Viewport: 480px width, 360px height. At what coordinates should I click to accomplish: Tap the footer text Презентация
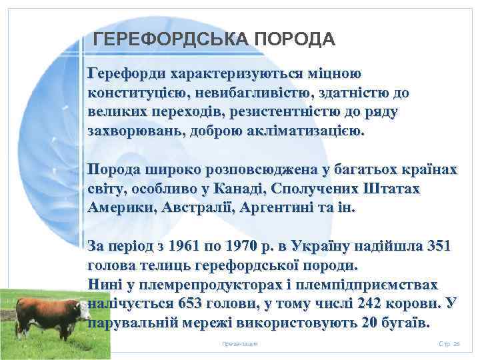[239, 343]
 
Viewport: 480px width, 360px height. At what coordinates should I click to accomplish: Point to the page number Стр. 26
[449, 343]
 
